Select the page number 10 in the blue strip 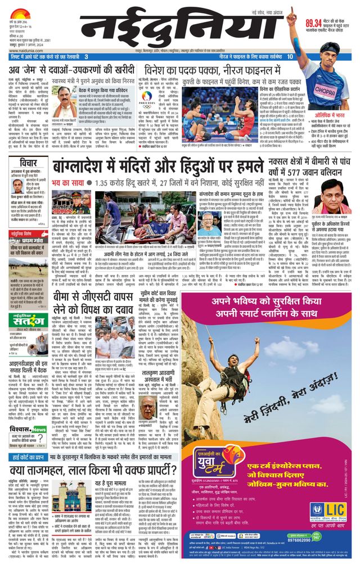pos(290,56)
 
